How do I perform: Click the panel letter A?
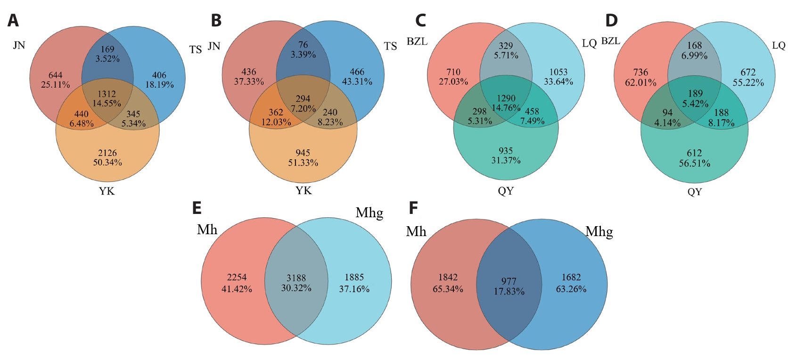click(x=13, y=21)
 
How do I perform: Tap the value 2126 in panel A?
click(x=107, y=153)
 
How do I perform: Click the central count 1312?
click(x=107, y=94)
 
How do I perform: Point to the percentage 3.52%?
click(x=107, y=58)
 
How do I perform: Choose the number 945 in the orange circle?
click(x=303, y=153)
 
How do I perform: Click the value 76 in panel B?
click(x=303, y=45)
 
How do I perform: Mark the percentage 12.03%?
click(x=276, y=122)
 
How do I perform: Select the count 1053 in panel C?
click(x=558, y=72)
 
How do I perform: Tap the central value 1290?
click(x=506, y=98)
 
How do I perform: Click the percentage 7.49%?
click(x=532, y=121)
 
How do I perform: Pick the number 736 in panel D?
click(x=640, y=73)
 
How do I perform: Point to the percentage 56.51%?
click(x=694, y=164)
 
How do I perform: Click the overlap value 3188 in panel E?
click(x=296, y=278)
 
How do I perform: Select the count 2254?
click(x=237, y=277)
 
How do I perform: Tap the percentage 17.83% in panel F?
click(x=509, y=291)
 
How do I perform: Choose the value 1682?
click(x=571, y=277)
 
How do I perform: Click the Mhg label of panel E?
click(x=369, y=213)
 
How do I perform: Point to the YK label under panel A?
click(x=107, y=191)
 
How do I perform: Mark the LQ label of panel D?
click(x=779, y=46)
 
